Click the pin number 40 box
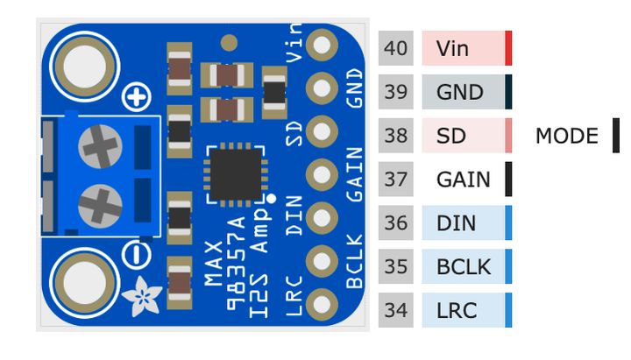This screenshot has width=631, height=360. click(x=396, y=48)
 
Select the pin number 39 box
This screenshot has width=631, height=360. click(x=396, y=92)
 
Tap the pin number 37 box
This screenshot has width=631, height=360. click(x=396, y=180)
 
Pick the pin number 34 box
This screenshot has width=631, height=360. click(x=396, y=310)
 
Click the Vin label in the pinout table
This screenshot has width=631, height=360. click(x=452, y=48)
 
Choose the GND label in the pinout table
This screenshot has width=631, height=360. click(x=459, y=92)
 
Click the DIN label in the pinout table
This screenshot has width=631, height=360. click(x=456, y=223)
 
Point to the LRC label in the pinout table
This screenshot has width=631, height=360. click(x=456, y=310)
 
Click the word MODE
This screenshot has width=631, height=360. click(x=566, y=136)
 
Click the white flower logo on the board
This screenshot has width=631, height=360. click(x=140, y=298)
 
